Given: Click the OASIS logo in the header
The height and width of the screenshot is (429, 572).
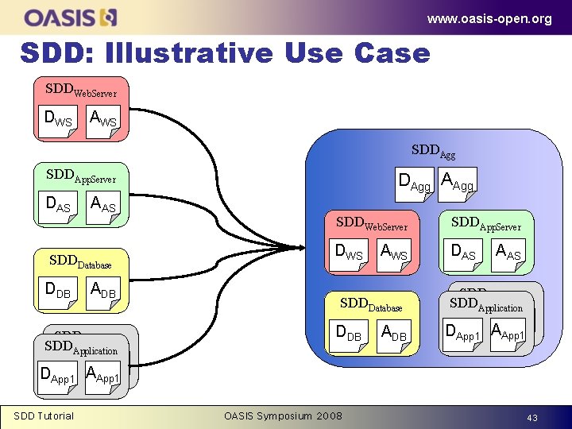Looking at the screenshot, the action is click(71, 17).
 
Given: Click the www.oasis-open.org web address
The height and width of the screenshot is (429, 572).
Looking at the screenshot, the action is click(489, 18).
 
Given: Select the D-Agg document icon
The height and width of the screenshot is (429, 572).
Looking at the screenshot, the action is click(414, 184).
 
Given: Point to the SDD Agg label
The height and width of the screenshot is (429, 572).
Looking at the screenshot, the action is click(433, 149).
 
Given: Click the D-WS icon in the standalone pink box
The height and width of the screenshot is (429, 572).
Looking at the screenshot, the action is click(58, 120).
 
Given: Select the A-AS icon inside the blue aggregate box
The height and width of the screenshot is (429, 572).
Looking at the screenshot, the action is click(508, 253).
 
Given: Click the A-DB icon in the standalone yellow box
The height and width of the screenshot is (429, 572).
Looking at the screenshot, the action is click(103, 292).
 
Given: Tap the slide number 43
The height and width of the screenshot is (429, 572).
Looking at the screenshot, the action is click(531, 418).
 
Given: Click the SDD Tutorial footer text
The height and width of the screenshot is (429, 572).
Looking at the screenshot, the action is click(44, 416).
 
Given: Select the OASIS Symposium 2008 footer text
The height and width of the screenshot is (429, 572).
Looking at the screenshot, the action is click(283, 416).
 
